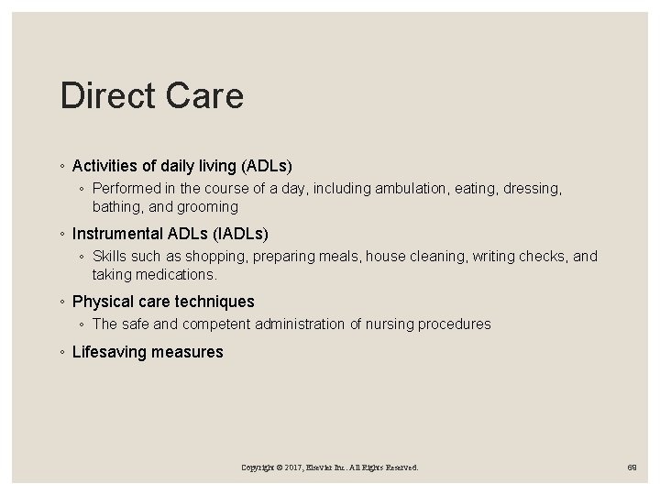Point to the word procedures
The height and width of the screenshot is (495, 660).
click(x=453, y=324)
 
